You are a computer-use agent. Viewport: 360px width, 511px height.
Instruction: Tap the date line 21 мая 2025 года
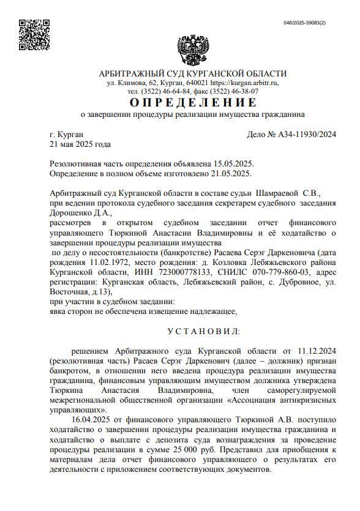coord(80,144)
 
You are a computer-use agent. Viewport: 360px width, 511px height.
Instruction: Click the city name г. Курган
coord(67,135)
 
